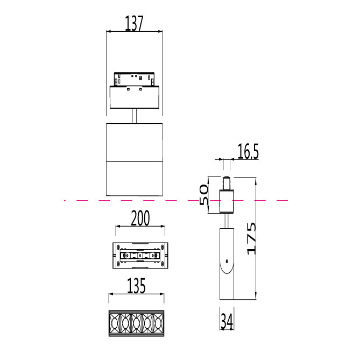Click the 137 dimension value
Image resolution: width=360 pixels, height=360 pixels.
(134, 23)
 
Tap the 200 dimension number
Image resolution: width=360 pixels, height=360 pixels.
(140, 217)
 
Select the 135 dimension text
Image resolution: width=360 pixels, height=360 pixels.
(136, 286)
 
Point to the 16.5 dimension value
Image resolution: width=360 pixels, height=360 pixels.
(248, 151)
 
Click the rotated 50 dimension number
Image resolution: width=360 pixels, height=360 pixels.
(204, 195)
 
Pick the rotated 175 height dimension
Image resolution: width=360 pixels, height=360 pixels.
(251, 238)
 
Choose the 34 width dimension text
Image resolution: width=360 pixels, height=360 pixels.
(227, 321)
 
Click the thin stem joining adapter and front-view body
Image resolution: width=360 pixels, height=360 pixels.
(135, 116)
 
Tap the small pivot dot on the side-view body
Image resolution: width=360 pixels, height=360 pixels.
(227, 261)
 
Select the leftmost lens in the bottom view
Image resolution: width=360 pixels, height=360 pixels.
(114, 323)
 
